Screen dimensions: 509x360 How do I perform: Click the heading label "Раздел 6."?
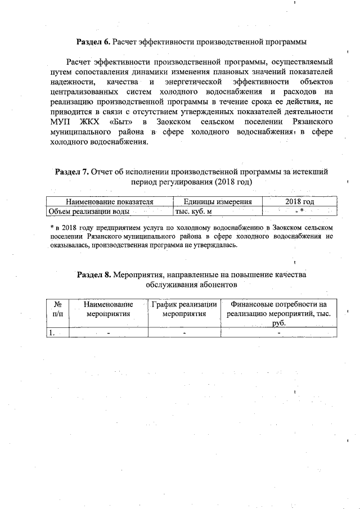tap(93, 42)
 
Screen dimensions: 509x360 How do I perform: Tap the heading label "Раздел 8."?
tap(94, 274)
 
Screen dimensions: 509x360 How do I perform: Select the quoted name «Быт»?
tap(120, 121)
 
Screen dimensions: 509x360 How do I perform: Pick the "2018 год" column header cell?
tap(299, 202)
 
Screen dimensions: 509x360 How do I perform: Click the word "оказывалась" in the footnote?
tap(73, 245)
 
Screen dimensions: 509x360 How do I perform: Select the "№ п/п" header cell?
tap(57, 309)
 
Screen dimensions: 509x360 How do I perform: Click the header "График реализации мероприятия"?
tap(184, 309)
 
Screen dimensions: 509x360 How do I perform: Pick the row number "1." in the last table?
tap(52, 332)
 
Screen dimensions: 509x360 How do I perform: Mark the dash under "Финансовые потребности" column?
tap(278, 332)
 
